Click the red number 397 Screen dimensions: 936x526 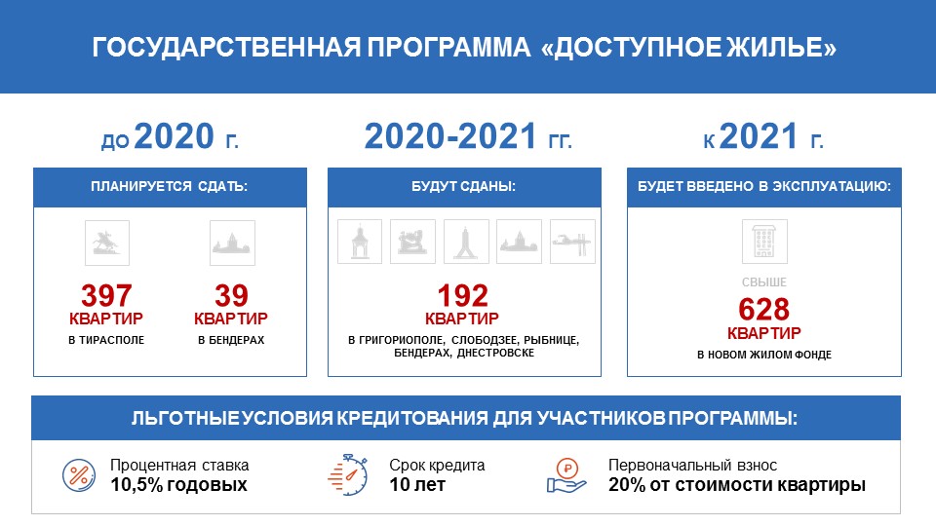click(106, 296)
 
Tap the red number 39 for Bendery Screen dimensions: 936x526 click(232, 296)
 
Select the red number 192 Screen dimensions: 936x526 click(463, 296)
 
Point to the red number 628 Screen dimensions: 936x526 click(764, 310)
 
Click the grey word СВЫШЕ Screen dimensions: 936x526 click(764, 282)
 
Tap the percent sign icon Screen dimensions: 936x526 click(79, 475)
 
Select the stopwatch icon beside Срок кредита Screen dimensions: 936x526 click(348, 474)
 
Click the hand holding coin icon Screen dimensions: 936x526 click(566, 475)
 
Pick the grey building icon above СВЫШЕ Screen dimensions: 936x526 click(764, 242)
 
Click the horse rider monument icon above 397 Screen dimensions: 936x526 click(107, 243)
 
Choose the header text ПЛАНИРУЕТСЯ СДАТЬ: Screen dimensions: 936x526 click(169, 187)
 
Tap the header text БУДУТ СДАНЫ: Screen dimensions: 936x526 click(463, 187)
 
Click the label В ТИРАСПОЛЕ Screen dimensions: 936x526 click(106, 340)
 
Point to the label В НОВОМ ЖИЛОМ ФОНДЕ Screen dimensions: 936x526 click(764, 355)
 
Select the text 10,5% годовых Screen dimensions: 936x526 click(178, 484)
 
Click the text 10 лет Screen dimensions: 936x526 click(417, 484)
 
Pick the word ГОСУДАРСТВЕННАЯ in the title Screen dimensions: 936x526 click(226, 48)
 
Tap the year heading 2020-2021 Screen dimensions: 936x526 click(450, 136)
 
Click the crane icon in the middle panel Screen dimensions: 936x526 click(572, 242)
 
